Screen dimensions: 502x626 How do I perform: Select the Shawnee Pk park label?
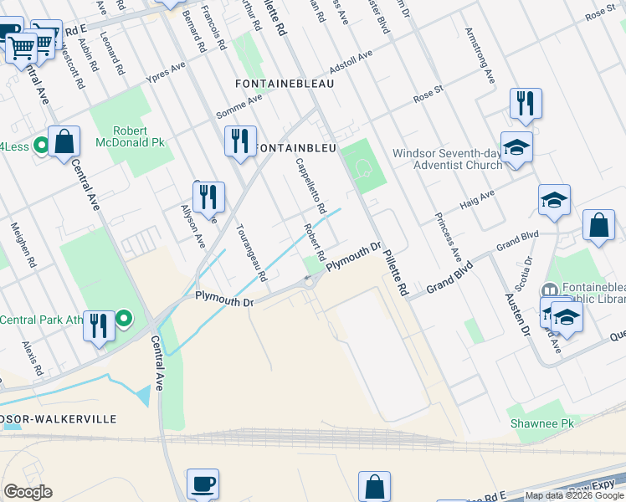pyautogui.click(x=542, y=423)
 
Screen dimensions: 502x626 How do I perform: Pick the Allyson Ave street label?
pyautogui.click(x=193, y=226)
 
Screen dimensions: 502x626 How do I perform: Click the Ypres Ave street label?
pyautogui.click(x=166, y=72)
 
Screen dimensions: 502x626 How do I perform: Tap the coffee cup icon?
pyautogui.click(x=203, y=484)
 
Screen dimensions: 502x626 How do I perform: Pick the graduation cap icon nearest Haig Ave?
pyautogui.click(x=554, y=201)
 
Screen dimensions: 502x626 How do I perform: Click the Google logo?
pyautogui.click(x=28, y=491)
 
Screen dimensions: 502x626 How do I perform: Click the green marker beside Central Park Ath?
pyautogui.click(x=124, y=318)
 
